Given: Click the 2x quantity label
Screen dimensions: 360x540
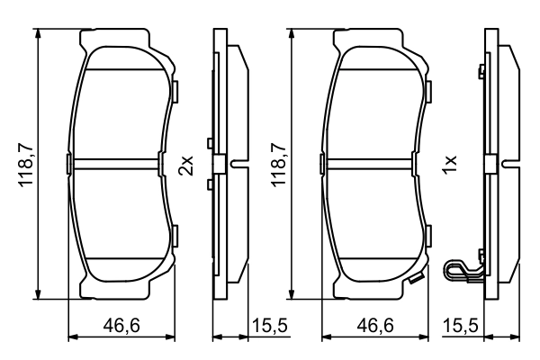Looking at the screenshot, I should (186, 164).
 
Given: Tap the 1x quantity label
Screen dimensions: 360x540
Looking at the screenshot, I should (451, 164).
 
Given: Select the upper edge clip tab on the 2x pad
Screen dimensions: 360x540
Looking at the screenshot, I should (175, 90).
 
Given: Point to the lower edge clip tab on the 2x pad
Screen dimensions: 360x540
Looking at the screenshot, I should (175, 236).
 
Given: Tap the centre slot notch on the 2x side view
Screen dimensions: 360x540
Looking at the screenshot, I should (238, 164).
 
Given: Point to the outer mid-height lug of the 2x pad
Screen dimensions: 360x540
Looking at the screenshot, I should (68, 163).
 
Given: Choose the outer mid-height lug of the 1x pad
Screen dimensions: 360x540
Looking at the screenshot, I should (322, 163).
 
